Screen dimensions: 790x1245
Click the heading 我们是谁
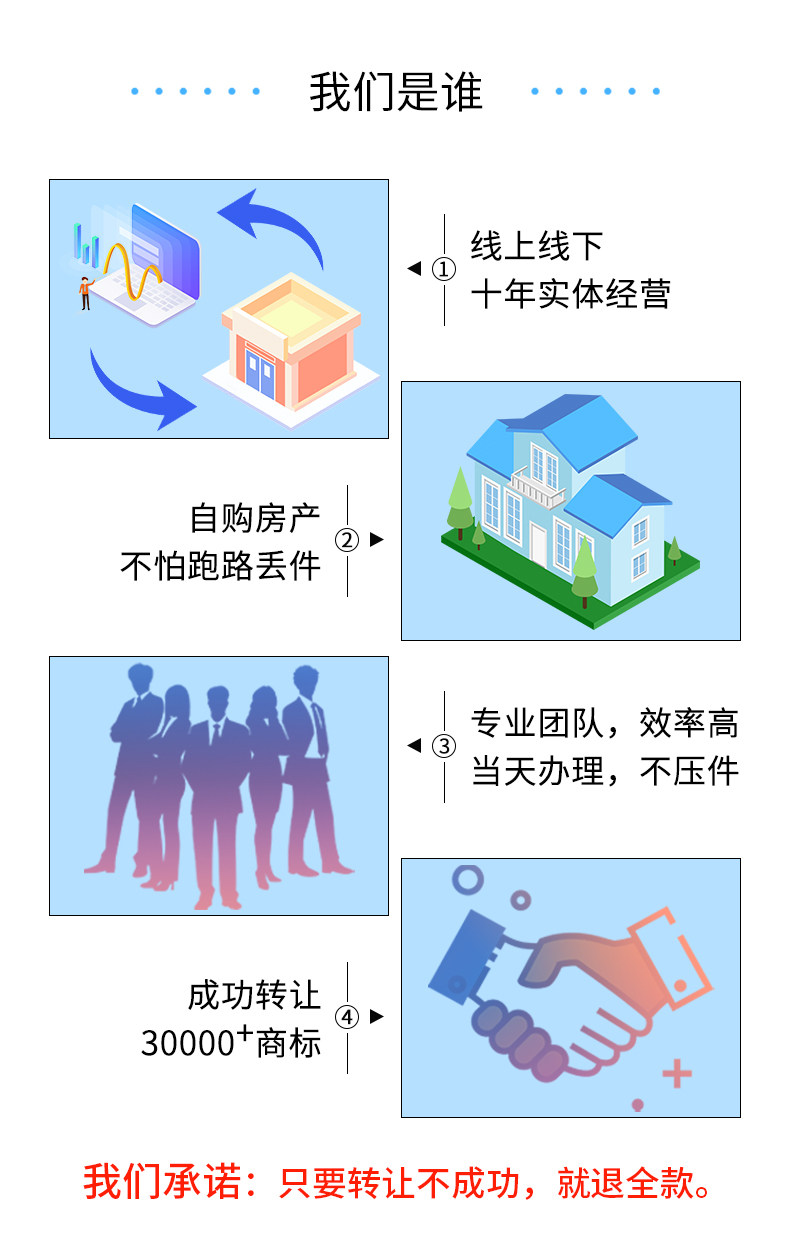(396, 92)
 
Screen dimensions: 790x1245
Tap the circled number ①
(444, 269)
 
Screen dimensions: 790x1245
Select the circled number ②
(346, 540)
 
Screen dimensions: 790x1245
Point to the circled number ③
(444, 746)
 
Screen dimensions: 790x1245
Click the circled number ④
(346, 1017)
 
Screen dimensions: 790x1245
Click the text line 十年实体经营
(570, 295)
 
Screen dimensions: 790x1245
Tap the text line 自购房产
(255, 518)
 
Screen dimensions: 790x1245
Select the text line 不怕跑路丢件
(221, 566)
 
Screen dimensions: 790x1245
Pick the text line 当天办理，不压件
(604, 772)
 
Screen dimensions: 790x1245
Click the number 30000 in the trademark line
(187, 1044)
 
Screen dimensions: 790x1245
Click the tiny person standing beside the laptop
(85, 292)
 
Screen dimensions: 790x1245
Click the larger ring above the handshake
(467, 880)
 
